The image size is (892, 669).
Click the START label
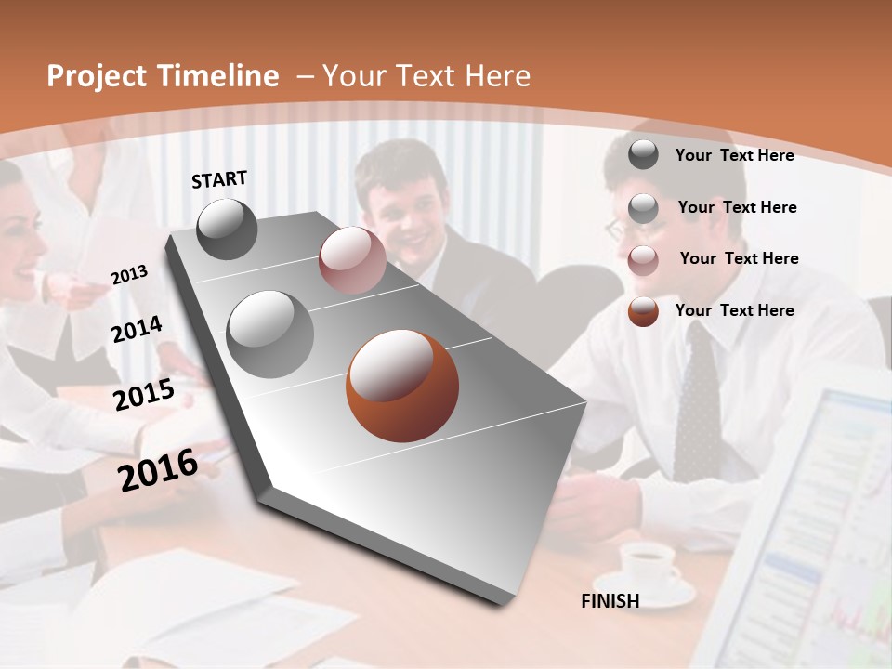click(219, 179)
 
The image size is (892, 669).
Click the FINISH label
click(610, 601)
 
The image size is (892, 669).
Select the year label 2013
click(129, 275)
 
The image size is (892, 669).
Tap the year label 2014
click(137, 330)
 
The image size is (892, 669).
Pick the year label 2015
click(143, 394)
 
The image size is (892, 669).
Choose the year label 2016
click(158, 470)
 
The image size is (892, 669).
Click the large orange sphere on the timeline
click(402, 386)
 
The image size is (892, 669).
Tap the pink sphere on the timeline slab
click(352, 260)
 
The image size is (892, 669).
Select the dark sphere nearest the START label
click(228, 229)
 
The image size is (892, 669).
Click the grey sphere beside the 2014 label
click(269, 334)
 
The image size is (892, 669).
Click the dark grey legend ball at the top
click(643, 155)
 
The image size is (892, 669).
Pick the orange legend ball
click(643, 311)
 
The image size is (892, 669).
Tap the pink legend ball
click(643, 260)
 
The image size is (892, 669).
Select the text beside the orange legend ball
click(734, 310)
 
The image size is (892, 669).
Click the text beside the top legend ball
click(734, 155)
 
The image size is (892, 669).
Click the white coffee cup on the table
click(648, 562)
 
